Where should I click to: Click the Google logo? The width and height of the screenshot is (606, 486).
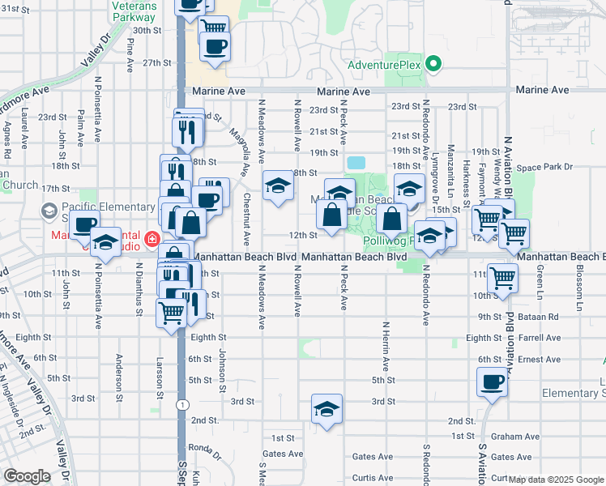coord(27,476)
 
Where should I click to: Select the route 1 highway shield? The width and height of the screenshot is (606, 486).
coord(184,403)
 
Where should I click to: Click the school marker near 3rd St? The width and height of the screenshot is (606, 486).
coord(326,407)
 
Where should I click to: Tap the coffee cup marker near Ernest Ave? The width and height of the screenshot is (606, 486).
coord(491,381)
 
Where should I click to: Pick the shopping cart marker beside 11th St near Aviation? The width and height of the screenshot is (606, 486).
coord(503,277)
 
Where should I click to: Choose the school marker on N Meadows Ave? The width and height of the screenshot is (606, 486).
coord(278,186)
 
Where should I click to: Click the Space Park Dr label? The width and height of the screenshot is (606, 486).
coord(544,168)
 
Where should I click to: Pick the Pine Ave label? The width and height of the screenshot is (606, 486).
coord(130,53)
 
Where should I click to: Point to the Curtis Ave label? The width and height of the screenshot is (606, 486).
coord(373,478)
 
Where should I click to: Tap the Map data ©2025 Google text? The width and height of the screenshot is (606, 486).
coord(556,480)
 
